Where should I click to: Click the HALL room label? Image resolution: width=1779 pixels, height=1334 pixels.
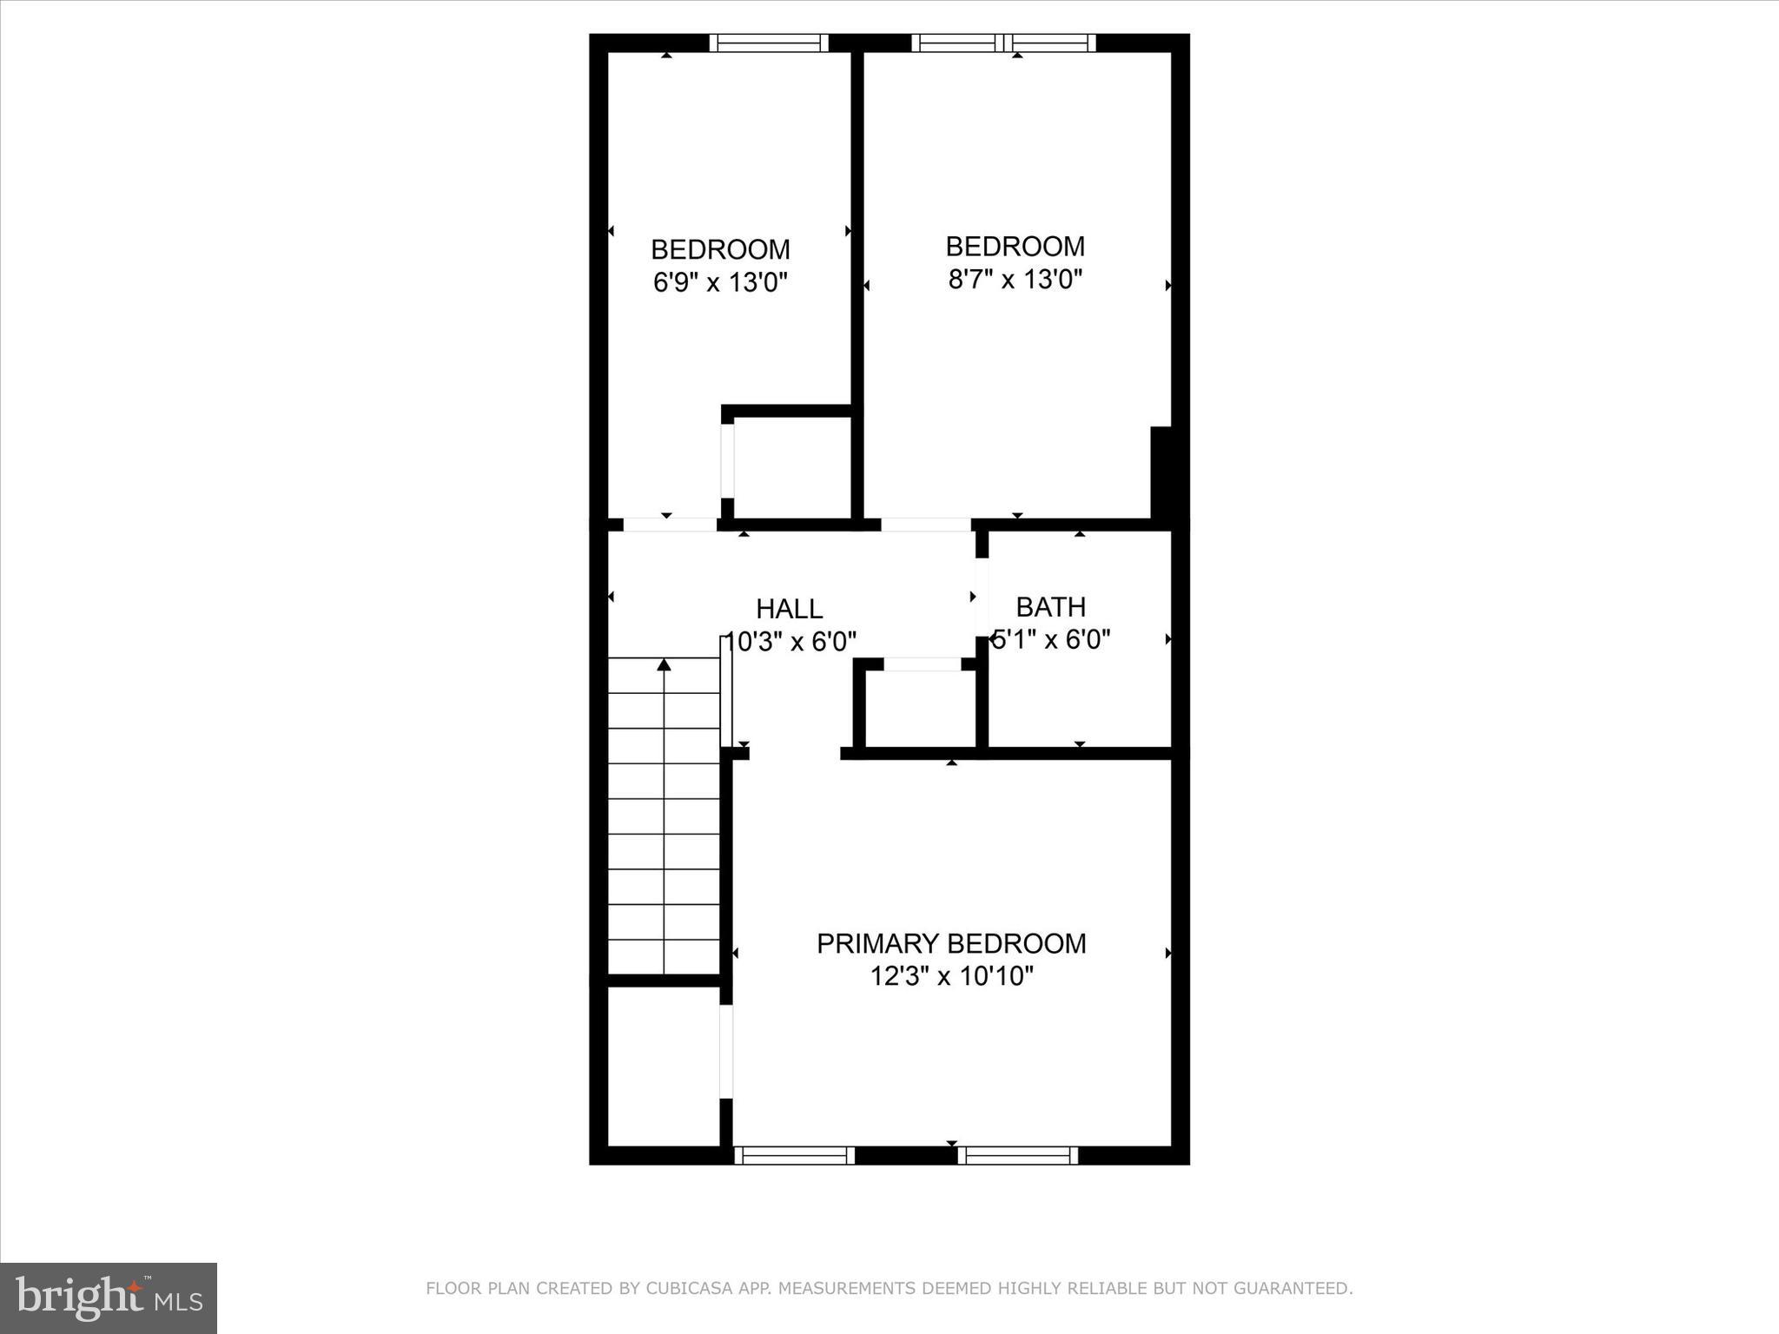789,608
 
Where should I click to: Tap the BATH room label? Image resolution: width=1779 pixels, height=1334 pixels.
1050,606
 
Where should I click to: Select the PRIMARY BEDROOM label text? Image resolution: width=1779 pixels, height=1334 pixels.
951,943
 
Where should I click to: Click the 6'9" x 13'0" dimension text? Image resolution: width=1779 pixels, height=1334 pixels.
720,282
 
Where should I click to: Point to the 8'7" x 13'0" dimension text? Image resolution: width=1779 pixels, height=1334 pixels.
1015,279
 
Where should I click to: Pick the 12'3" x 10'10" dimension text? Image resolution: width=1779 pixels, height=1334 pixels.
951,976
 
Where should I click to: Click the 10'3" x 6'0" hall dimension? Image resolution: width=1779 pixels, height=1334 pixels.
790,642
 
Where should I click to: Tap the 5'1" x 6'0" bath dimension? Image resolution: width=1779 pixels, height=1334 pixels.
1051,640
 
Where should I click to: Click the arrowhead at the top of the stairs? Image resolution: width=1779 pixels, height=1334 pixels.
664,664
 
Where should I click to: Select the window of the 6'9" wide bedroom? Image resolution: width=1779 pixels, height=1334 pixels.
769,43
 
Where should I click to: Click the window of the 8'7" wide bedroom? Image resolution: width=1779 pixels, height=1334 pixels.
1003,43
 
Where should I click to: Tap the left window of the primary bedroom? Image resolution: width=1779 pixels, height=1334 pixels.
794,1155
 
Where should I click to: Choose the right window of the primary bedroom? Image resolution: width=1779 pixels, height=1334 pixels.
1017,1155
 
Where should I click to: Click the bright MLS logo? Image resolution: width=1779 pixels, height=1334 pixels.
109,1298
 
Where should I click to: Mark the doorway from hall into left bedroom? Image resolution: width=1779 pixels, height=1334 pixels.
670,525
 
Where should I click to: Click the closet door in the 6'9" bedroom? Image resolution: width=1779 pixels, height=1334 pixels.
728,460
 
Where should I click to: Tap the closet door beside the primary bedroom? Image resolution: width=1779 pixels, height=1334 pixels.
726,1052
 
